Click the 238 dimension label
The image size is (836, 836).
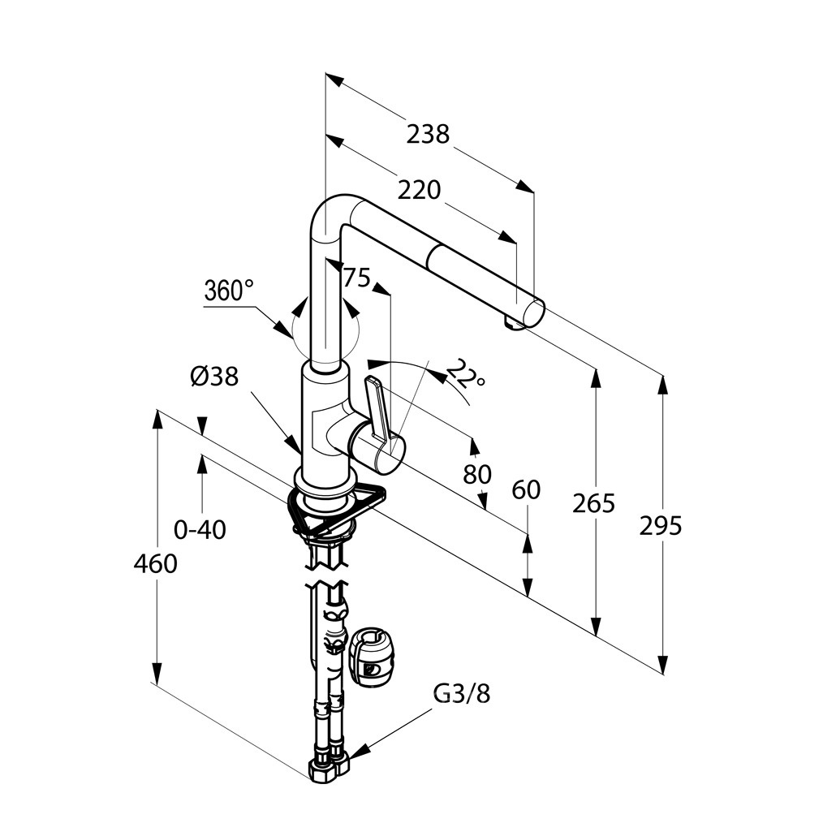pyautogui.click(x=428, y=133)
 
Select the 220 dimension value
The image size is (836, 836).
pyautogui.click(x=419, y=190)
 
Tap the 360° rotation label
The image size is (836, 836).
pyautogui.click(x=228, y=291)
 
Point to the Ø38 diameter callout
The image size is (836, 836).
pyautogui.click(x=214, y=377)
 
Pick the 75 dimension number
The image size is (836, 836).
pyautogui.click(x=356, y=278)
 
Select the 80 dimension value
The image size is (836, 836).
pyautogui.click(x=477, y=473)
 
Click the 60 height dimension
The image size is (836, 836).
pyautogui.click(x=526, y=489)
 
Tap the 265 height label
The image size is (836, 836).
pyautogui.click(x=593, y=503)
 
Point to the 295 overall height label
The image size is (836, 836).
pyautogui.click(x=661, y=526)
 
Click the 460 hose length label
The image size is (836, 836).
pyautogui.click(x=155, y=563)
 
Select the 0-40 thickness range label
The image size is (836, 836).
pyautogui.click(x=200, y=530)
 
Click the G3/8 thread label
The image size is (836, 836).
pyautogui.click(x=462, y=694)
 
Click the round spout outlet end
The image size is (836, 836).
pyautogui.click(x=533, y=311)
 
